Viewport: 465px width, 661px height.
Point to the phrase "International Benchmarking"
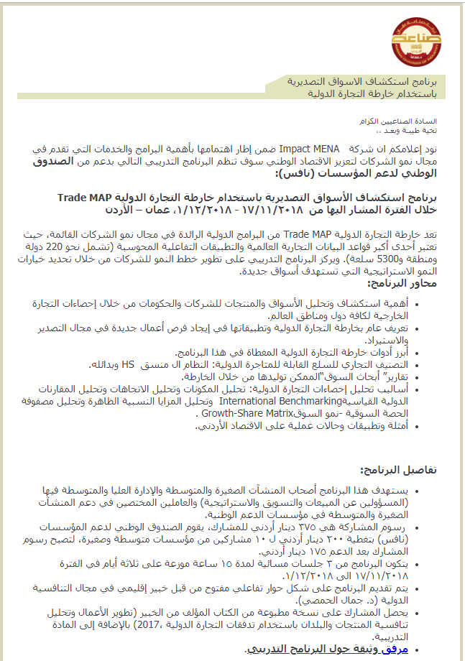(275, 400)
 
